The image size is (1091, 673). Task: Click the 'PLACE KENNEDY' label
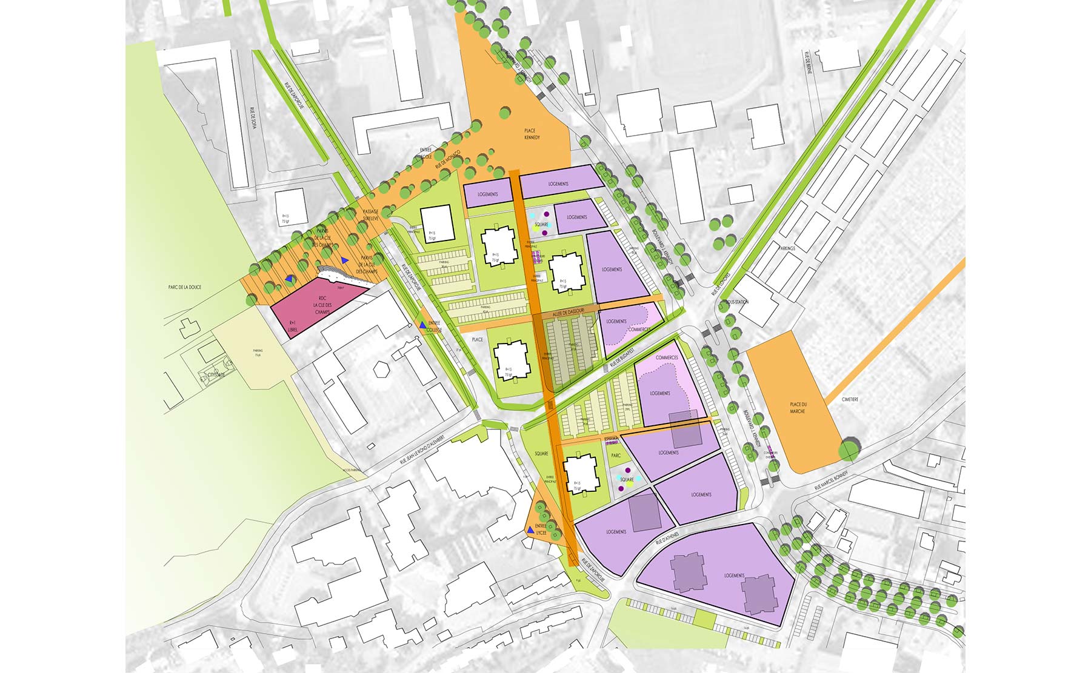[531, 134]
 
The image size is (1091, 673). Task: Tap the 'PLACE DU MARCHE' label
[798, 408]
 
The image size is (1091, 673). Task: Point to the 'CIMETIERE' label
[850, 399]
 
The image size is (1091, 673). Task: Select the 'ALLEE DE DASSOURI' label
[568, 311]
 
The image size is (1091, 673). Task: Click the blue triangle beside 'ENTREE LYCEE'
[530, 530]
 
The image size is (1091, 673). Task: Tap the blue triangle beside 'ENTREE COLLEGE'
[422, 325]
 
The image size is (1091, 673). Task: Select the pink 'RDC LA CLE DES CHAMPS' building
[315, 309]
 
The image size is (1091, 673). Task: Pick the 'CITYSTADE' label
[216, 375]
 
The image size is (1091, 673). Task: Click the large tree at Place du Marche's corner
[849, 450]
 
